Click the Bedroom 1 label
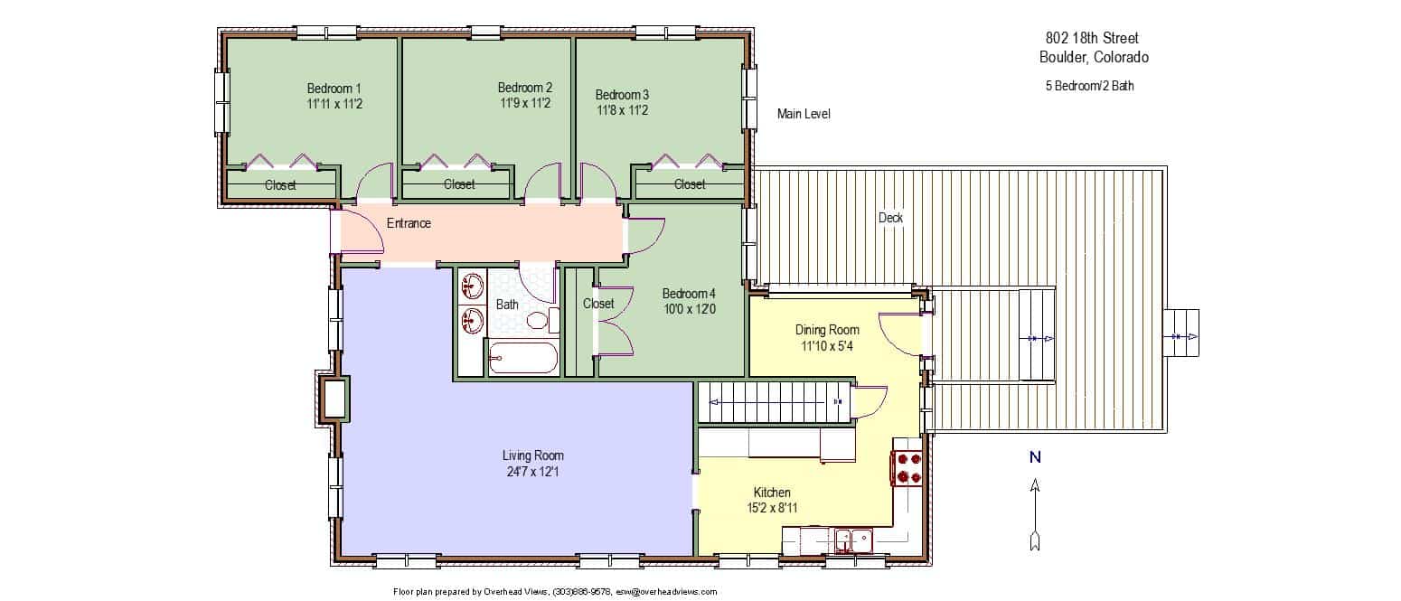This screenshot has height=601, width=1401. coord(334,89)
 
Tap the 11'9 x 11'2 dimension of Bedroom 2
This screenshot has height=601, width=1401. coord(525,103)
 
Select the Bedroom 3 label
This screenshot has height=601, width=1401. coord(622,94)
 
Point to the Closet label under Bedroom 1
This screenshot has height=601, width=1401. coord(280,185)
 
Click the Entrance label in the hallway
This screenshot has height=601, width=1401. coord(409,223)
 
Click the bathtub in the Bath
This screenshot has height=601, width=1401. coord(522,358)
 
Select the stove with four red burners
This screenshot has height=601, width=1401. coord(907,468)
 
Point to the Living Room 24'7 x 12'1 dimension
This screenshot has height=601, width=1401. coord(532,472)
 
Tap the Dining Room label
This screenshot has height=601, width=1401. coord(827,330)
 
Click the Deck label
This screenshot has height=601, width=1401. coord(890,218)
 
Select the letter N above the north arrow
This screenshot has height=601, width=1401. coord(1035,457)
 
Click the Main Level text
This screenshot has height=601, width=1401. coord(804,114)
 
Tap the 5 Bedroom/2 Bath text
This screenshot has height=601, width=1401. coord(1089,86)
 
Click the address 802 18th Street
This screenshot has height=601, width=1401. coord(1092,38)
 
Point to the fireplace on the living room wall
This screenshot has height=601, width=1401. coord(332,398)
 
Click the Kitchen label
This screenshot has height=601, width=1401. coord(772,493)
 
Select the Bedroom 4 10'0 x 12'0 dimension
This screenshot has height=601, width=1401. coord(689,309)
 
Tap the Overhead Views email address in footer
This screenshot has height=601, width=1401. coord(666,592)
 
